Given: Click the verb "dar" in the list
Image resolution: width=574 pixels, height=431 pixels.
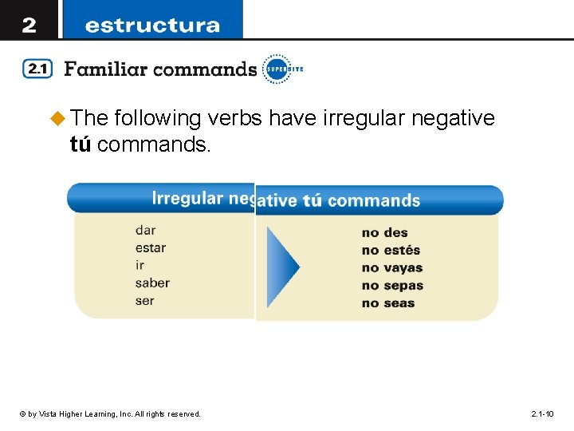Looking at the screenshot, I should click(145, 231).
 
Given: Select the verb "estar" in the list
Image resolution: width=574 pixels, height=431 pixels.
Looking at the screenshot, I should click(151, 248).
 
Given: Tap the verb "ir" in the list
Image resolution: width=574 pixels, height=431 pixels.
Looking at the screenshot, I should click(140, 266).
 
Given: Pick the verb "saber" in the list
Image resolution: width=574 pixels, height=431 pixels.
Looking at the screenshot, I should click(152, 283).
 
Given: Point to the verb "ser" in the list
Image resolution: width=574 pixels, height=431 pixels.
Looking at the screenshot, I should click(144, 301).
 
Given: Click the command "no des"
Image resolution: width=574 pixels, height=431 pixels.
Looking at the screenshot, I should click(384, 233).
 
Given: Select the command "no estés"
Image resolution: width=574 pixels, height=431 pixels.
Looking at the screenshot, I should click(391, 251).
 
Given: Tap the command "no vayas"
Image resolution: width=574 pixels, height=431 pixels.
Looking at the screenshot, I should click(392, 268).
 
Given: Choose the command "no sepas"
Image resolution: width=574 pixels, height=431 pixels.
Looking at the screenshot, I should click(392, 286).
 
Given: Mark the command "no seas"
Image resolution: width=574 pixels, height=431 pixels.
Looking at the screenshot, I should click(388, 303).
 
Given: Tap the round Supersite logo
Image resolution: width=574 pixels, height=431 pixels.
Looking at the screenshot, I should click(277, 69).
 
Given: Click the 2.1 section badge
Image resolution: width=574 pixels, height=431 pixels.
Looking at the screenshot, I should click(37, 69).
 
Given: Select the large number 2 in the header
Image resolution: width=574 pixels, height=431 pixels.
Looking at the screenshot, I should click(29, 25).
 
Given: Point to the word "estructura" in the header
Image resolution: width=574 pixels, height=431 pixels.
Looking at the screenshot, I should click(151, 26).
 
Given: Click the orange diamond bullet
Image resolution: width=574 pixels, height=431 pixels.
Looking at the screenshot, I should click(57, 119).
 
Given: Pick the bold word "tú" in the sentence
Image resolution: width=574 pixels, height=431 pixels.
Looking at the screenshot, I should click(81, 144).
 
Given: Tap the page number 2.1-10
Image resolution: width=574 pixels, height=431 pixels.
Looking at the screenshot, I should click(542, 413).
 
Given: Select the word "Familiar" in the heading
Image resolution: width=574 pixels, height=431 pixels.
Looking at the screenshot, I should click(105, 69).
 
